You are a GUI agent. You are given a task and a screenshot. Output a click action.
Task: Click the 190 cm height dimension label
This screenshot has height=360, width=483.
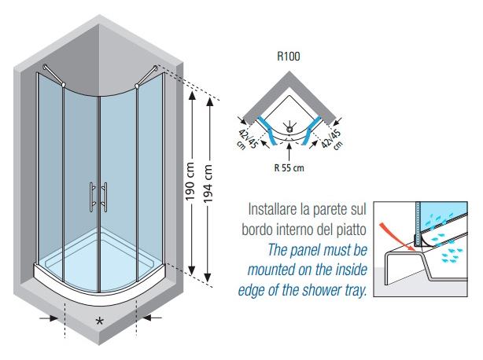click(190, 182)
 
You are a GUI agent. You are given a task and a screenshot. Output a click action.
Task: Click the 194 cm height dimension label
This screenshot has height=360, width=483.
click(208, 183)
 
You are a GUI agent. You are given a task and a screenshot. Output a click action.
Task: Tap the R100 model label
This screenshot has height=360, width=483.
click(289, 57)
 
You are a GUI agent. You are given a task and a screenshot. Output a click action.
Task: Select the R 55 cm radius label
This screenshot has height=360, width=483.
click(289, 168)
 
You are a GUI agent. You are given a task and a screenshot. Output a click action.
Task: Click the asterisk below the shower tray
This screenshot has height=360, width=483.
click(99, 321)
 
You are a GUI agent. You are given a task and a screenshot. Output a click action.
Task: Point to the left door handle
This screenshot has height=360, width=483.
click(92, 197)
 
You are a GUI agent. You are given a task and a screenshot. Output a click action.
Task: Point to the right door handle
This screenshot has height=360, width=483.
click(105, 197)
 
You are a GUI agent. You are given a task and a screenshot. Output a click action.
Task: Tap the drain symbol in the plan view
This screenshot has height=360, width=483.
click(289, 128)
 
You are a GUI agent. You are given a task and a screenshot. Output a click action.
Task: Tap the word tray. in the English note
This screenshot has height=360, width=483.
click(356, 291)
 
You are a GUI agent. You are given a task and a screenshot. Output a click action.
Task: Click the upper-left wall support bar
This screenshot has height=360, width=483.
click(54, 75)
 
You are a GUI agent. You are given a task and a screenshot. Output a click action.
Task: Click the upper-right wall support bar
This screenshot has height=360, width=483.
click(146, 76)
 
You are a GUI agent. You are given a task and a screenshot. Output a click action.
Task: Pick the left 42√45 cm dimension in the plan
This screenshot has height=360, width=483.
click(246, 140)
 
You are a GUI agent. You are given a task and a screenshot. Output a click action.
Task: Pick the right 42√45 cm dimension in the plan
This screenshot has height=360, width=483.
click(332, 139)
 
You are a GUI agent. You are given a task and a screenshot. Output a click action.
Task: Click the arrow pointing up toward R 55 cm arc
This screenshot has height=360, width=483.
click(289, 152)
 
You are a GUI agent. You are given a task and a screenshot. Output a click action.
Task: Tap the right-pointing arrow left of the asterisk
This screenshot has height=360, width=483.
click(49, 318)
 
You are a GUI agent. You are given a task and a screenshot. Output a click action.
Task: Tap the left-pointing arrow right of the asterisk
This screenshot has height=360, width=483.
click(152, 318)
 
